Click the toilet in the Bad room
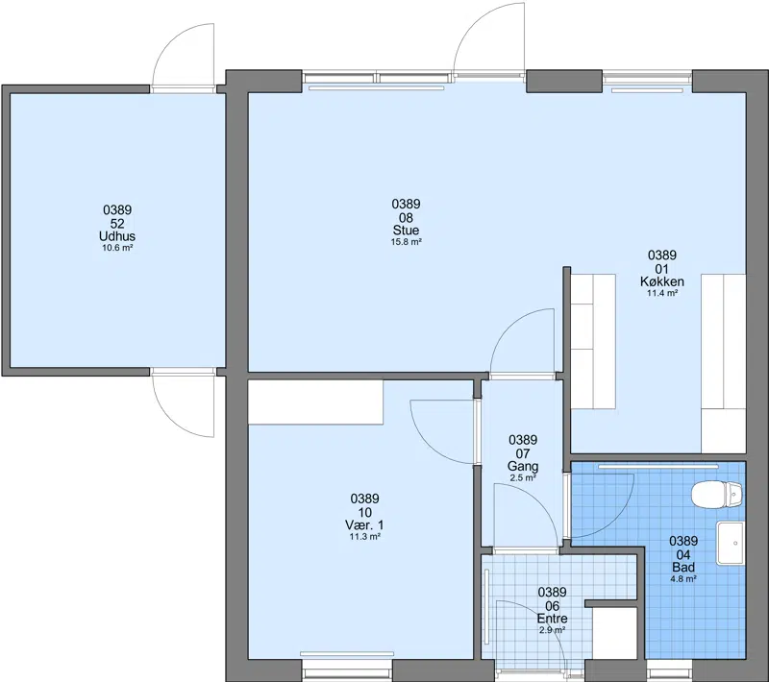716,495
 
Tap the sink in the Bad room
731,543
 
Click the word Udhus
117,236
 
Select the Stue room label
406,231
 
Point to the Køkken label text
662,281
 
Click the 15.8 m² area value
406,242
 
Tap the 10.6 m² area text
117,248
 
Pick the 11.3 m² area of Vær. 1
364,537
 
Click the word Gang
523,467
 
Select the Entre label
552,619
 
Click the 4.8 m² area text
683,578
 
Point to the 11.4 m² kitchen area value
662,294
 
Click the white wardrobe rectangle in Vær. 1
315,402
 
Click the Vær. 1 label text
364,525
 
